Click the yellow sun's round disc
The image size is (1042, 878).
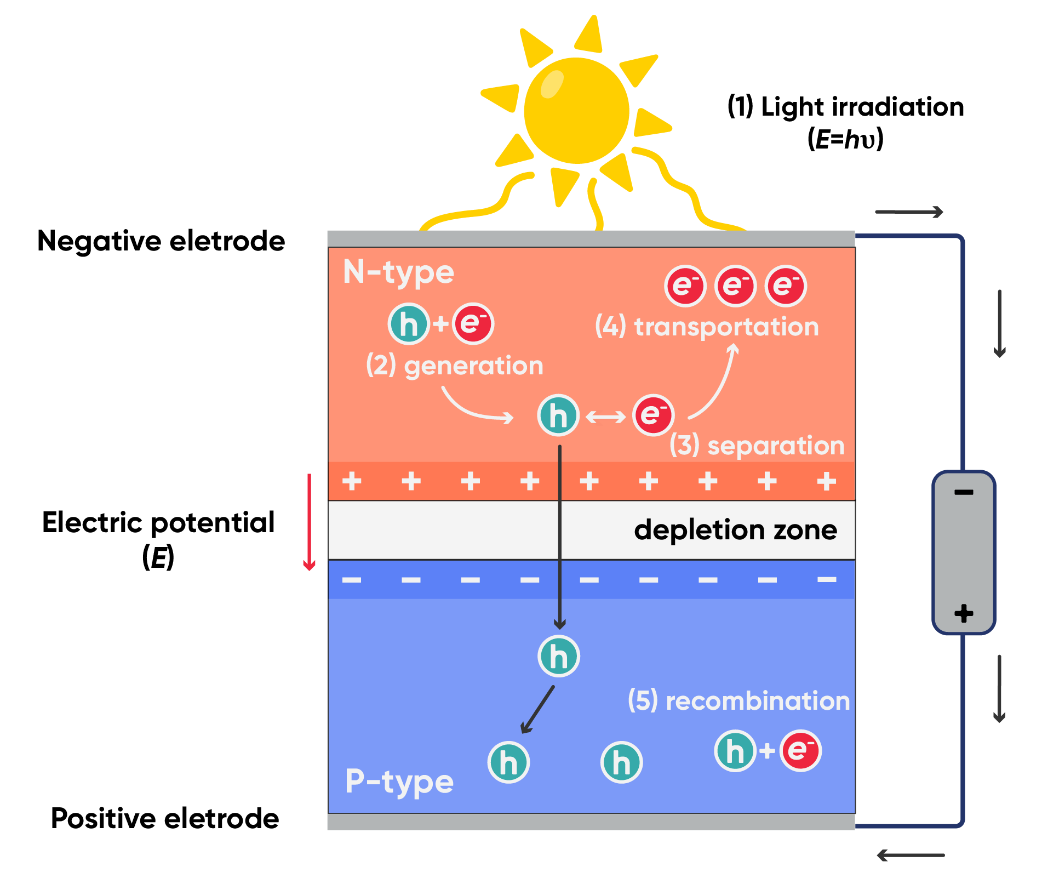(576, 111)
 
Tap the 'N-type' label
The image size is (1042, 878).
(398, 272)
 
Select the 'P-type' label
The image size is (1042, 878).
(399, 781)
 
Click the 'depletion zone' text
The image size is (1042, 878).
(735, 530)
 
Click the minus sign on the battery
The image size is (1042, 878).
(964, 492)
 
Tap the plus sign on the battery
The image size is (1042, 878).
(964, 613)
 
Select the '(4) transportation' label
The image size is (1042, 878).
(707, 327)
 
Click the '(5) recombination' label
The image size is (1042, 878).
(738, 701)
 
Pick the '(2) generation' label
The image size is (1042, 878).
(454, 366)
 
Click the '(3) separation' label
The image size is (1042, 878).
(757, 445)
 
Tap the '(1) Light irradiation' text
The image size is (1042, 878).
(845, 107)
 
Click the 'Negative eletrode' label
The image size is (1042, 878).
(161, 241)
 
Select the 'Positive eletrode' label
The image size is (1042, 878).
(165, 818)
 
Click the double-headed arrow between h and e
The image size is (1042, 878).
(606, 417)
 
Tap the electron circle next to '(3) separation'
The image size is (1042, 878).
(653, 415)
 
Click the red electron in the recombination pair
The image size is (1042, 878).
(800, 750)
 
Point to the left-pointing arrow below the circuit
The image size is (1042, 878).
(910, 855)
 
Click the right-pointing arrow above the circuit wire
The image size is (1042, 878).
(909, 212)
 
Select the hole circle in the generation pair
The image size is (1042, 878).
(408, 324)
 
